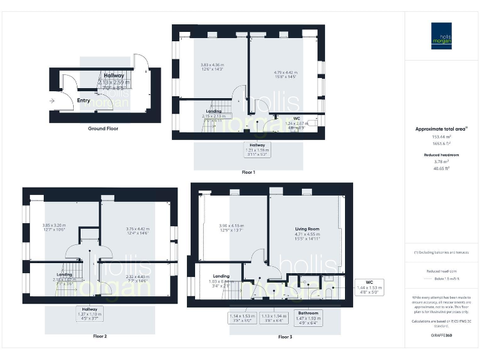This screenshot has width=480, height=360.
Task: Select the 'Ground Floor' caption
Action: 103,128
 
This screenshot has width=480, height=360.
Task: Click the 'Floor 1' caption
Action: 248,172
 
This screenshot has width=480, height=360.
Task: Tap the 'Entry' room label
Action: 84,100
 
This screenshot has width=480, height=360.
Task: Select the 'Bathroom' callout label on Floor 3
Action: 307,312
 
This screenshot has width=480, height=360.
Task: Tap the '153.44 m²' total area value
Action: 441,136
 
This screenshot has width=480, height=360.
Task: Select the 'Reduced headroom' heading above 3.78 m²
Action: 442,154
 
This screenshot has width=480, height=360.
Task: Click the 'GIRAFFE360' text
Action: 441,336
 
